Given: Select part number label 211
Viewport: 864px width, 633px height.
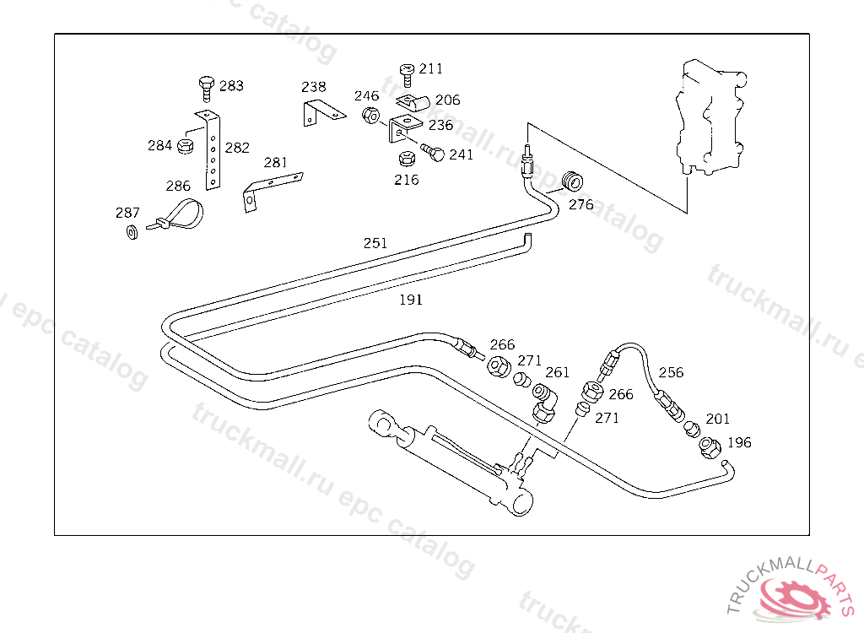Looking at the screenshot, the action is click(x=431, y=68).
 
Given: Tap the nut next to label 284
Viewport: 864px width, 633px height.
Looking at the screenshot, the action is click(x=186, y=146).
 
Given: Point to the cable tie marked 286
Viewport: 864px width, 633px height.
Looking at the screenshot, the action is click(x=175, y=216).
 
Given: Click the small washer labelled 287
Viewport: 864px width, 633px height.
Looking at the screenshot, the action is click(x=132, y=232).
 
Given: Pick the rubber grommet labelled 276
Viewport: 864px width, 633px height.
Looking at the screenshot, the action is click(x=572, y=181).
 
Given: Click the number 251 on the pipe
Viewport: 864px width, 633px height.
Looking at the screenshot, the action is click(x=375, y=243).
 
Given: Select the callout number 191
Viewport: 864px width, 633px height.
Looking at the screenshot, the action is click(x=411, y=300).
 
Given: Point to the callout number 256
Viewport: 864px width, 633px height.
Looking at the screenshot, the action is click(x=671, y=372).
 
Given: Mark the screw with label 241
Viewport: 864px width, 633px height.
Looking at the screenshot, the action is click(x=433, y=152).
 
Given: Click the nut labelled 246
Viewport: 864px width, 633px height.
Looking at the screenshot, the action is click(x=370, y=116).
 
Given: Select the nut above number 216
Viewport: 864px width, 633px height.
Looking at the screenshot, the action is click(x=407, y=159).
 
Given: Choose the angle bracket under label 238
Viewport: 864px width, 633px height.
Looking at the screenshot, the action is click(x=322, y=112).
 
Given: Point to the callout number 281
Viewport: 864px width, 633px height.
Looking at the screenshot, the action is click(x=276, y=162).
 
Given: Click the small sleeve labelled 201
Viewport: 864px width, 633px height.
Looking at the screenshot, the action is click(x=692, y=429).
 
